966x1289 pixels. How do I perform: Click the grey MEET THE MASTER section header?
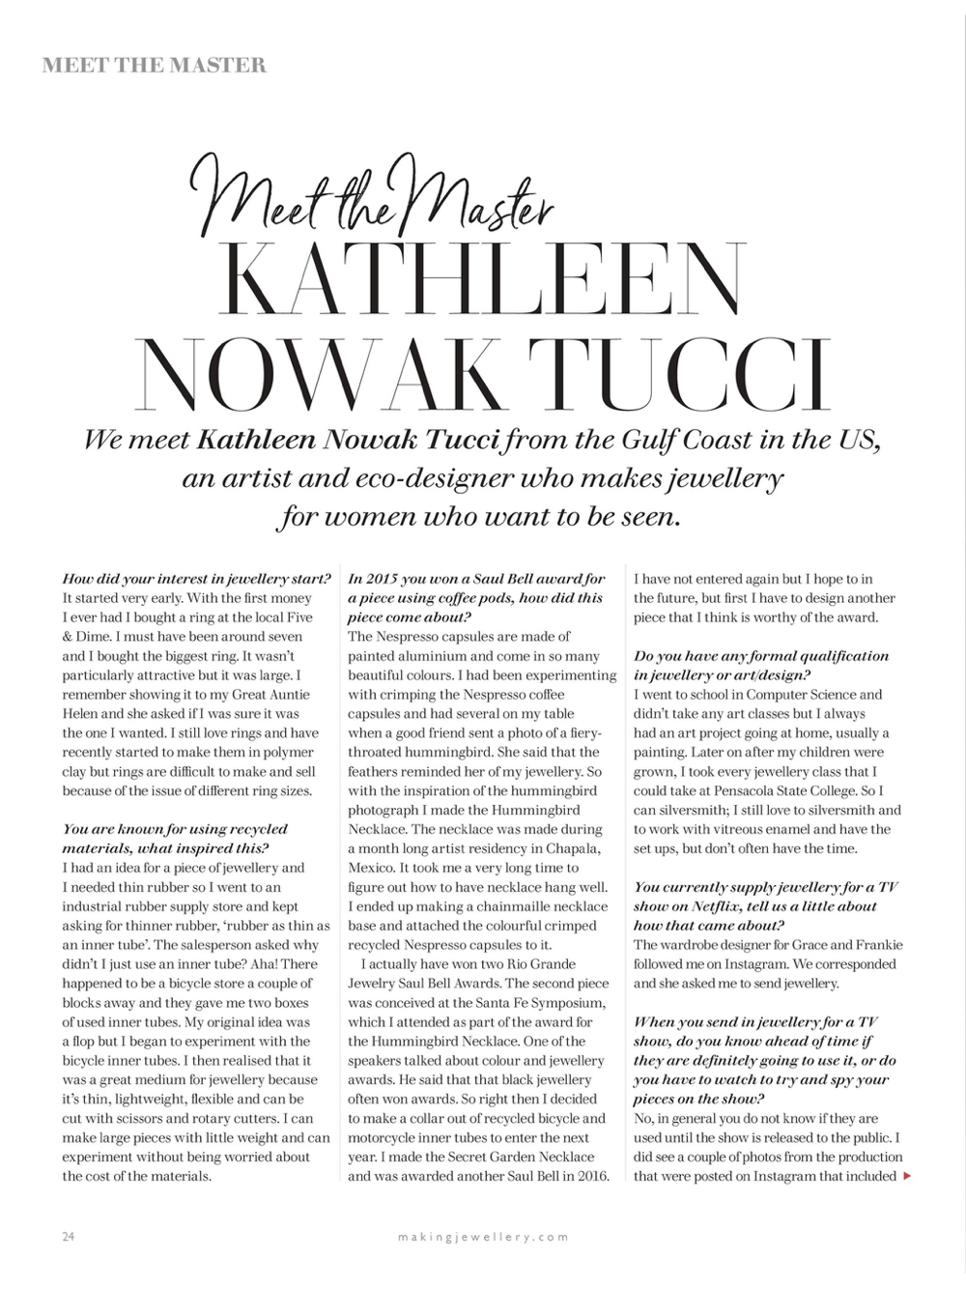[155, 66]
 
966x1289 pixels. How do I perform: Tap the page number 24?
[69, 1236]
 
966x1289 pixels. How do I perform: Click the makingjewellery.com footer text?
[483, 1236]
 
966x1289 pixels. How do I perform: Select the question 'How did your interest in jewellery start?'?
[197, 579]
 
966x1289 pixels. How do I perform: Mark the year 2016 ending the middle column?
[589, 1176]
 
